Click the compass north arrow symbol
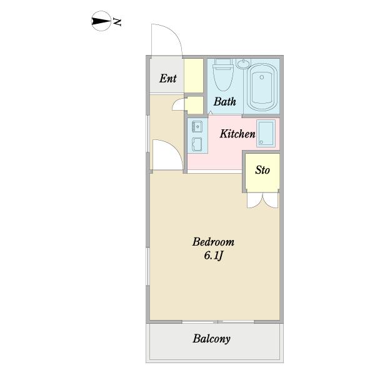tap(101, 21)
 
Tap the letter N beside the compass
tap(117, 22)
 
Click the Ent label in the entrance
tap(168, 79)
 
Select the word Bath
tap(224, 101)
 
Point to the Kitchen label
tap(237, 134)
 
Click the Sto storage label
tap(262, 170)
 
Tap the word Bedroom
tap(213, 242)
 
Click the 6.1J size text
tap(214, 256)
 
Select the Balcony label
tap(212, 339)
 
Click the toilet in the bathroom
tap(223, 74)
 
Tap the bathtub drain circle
tap(262, 77)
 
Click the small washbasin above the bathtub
tap(244, 63)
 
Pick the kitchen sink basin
tap(197, 126)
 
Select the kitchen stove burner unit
tap(197, 144)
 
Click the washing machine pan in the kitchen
tap(266, 133)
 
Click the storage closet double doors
tap(263, 201)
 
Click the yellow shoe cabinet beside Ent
tap(194, 76)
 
